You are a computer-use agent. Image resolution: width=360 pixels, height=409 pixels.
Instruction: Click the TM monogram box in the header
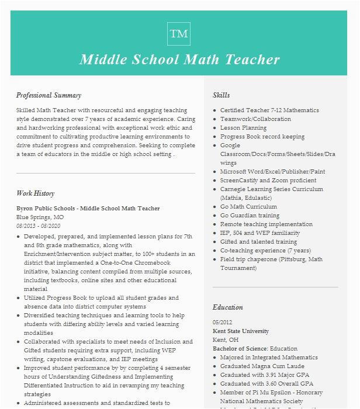[x=179, y=34]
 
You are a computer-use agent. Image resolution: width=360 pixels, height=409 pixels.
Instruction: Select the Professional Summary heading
[x=49, y=95]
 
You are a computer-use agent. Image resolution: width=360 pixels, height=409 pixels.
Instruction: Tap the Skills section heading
[x=221, y=95]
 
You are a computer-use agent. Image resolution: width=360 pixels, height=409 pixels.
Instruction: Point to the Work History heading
[x=35, y=193]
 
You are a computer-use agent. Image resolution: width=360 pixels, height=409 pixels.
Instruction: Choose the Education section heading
[x=227, y=307]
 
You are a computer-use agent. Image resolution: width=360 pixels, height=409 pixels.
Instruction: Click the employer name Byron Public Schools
[x=47, y=209]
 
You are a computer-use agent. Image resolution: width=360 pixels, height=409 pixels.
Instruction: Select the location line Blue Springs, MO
[x=40, y=217]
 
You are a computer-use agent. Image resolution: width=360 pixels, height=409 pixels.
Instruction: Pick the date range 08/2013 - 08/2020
[x=38, y=226]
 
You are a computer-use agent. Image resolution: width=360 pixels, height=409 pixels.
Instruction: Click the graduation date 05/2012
[x=222, y=323]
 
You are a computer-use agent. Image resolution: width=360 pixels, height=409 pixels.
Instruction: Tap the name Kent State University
[x=241, y=331]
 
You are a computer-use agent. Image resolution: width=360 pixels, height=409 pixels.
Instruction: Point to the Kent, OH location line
[x=226, y=340]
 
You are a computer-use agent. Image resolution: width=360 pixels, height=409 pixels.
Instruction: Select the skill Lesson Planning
[x=243, y=128]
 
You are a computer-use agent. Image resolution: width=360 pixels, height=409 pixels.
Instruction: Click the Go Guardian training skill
[x=250, y=216]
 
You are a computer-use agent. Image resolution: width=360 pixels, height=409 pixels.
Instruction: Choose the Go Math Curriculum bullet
[x=248, y=207]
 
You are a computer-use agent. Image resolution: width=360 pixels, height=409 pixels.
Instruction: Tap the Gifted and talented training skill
[x=258, y=242]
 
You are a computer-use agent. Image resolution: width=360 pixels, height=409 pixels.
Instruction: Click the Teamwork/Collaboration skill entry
[x=255, y=119]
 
